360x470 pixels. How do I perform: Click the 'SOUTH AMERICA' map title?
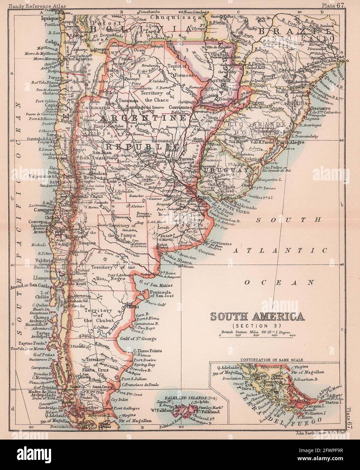[x=257, y=317]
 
